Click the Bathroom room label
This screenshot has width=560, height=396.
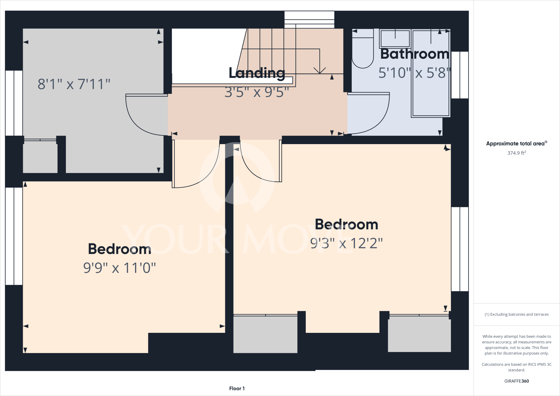pyautogui.click(x=415, y=54)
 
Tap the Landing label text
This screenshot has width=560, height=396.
pyautogui.click(x=257, y=73)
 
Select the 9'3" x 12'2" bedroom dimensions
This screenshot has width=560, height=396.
pyautogui.click(x=346, y=243)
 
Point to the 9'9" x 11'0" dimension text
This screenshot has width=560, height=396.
pyautogui.click(x=119, y=268)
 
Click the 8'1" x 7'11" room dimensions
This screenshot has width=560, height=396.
pyautogui.click(x=74, y=84)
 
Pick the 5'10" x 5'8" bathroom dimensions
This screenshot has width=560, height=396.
pyautogui.click(x=414, y=73)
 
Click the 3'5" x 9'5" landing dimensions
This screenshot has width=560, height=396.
pyautogui.click(x=256, y=92)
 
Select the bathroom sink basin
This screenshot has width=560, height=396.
pyautogui.click(x=395, y=39)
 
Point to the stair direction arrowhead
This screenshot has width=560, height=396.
pyautogui.click(x=319, y=70)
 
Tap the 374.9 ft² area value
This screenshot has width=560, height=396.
pyautogui.click(x=516, y=153)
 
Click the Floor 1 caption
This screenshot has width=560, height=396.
pyautogui.click(x=237, y=388)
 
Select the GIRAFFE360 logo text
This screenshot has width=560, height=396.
pyautogui.click(x=517, y=381)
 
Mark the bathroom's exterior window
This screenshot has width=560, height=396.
pyautogui.click(x=460, y=75)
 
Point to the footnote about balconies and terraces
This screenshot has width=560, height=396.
pyautogui.click(x=517, y=315)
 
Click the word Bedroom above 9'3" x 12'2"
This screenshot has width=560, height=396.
pyautogui.click(x=346, y=225)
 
